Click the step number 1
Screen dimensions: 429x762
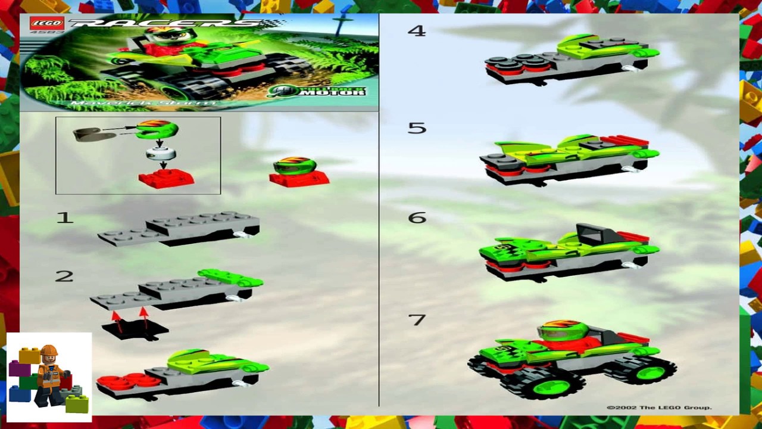(x=64, y=218)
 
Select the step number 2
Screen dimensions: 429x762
(x=64, y=276)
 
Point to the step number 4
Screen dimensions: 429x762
(x=417, y=31)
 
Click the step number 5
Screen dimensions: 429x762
(x=417, y=128)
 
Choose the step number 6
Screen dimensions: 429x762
(x=417, y=218)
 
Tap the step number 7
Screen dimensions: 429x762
(x=417, y=320)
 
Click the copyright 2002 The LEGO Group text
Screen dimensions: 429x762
(x=658, y=408)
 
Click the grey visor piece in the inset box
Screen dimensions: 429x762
(x=94, y=134)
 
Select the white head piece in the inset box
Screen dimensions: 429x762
(x=161, y=154)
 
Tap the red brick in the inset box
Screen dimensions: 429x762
(x=166, y=178)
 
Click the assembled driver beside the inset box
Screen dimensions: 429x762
(x=298, y=172)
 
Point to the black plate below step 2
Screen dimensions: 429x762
(x=135, y=329)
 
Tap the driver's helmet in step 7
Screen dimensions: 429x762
(x=563, y=329)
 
